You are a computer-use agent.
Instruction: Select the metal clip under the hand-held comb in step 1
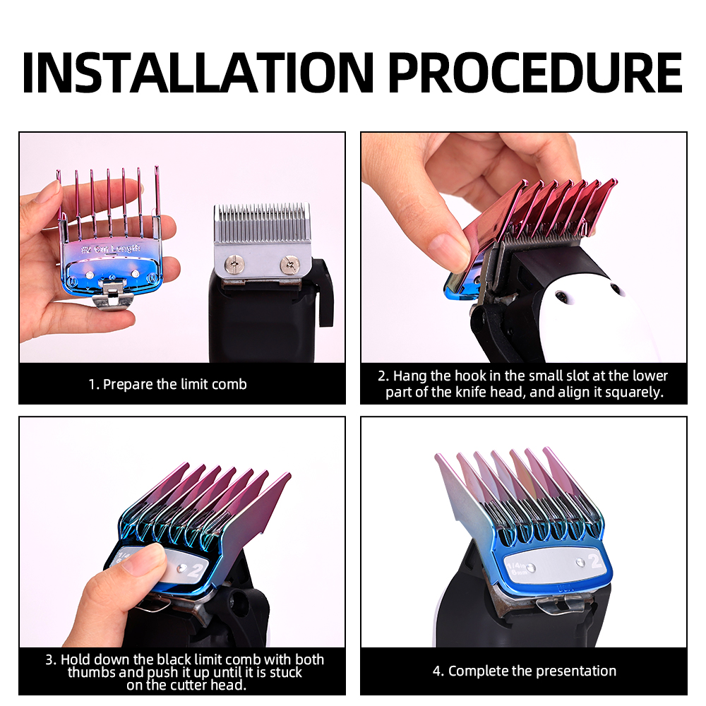click(x=111, y=292)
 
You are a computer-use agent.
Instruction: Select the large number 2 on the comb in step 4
click(x=595, y=562)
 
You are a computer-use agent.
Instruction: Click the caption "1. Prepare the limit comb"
click(x=167, y=384)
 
